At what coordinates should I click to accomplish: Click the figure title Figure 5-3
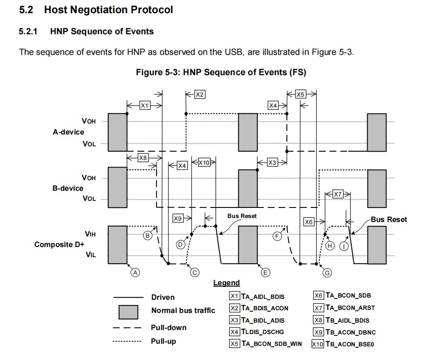tap(221, 72)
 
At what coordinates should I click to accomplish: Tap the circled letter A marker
tap(135, 273)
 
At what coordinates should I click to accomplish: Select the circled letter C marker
tap(194, 273)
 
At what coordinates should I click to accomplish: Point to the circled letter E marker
tap(265, 273)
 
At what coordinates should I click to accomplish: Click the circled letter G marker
tap(327, 273)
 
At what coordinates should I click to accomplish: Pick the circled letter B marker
tap(148, 236)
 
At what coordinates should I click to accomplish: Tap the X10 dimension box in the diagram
tap(204, 163)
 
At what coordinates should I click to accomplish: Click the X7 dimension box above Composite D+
tap(337, 194)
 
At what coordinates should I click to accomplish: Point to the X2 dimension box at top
tap(200, 94)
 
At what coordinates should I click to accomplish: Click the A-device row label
tap(68, 131)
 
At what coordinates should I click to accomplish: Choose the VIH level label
tap(90, 234)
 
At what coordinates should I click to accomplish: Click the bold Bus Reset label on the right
tap(389, 219)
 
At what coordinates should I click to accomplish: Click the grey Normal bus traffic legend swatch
tap(128, 311)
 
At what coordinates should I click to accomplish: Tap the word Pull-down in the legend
tap(168, 327)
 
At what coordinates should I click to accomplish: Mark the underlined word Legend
tap(226, 283)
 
